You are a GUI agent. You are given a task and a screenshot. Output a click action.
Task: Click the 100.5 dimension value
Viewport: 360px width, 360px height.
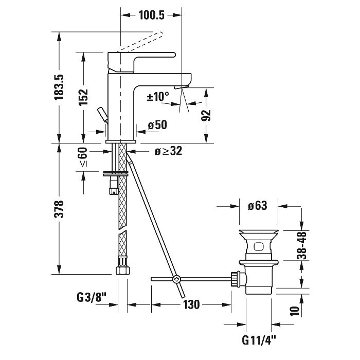click(x=151, y=15)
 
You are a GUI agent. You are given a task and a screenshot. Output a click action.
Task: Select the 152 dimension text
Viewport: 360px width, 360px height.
click(x=83, y=97)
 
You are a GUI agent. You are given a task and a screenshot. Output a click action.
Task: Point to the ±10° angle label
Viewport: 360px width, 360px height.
click(x=158, y=96)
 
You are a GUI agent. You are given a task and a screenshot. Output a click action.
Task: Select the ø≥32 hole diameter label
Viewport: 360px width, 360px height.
click(x=168, y=151)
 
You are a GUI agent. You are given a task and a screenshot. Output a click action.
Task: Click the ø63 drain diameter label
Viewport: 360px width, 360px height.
click(x=257, y=206)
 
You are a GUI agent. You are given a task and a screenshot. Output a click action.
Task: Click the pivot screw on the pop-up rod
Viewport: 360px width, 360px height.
click(x=176, y=279)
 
